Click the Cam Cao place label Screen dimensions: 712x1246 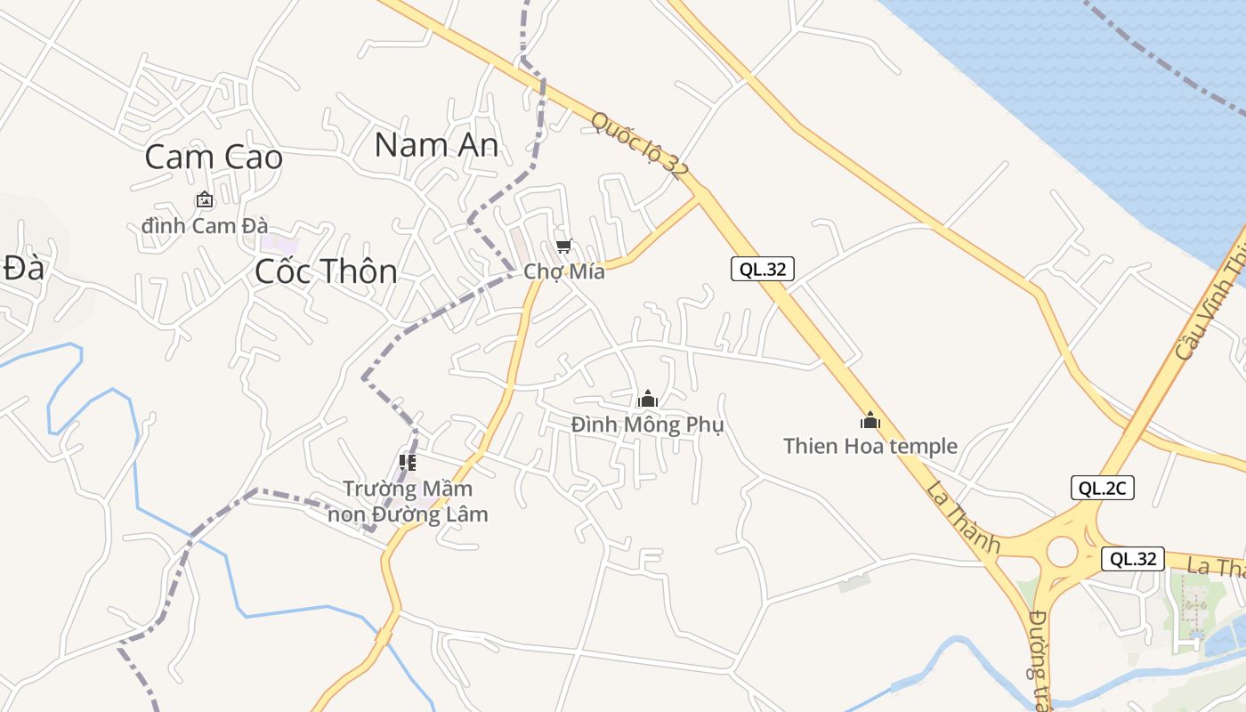214,158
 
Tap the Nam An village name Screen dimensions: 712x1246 436,144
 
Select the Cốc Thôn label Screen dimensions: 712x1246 326,271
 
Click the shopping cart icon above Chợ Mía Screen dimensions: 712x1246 562,247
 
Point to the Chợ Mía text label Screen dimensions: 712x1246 564,271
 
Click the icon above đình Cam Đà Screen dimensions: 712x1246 205,200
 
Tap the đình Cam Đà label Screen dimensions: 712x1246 205,226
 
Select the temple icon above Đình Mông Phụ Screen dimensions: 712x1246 648,399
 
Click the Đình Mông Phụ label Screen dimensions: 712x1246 648,425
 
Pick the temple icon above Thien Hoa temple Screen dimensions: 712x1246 870,420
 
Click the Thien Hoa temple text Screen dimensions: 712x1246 870,446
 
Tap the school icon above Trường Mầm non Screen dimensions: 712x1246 408,462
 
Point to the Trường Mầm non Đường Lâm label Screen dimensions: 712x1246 408,501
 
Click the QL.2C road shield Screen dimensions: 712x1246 1102,488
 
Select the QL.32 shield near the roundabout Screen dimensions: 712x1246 1133,559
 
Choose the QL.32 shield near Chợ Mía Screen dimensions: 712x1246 762,269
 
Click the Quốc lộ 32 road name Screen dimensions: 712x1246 640,145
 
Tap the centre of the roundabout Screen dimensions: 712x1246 1062,551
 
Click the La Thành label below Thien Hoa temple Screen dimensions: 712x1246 962,515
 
